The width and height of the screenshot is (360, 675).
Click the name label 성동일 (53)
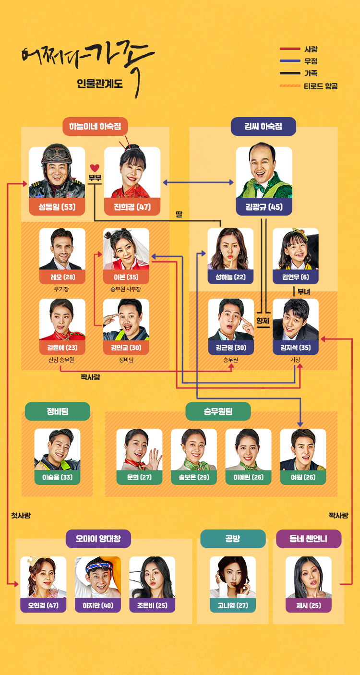coord(57,207)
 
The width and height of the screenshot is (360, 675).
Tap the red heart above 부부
coord(95,168)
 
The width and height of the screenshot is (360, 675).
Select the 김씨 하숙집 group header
coord(263,127)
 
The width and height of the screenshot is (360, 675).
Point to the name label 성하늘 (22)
coord(230,277)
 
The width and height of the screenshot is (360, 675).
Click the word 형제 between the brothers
coord(263,320)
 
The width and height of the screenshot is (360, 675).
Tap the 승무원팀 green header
coord(218,411)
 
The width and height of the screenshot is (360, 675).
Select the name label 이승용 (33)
coord(57,477)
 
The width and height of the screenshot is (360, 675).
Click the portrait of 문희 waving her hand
coord(139,449)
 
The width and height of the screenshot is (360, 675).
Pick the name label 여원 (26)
coord(303,477)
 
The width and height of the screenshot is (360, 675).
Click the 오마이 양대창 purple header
coord(98,539)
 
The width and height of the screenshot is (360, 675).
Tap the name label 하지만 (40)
coord(98,605)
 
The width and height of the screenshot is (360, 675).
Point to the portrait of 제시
coord(308,577)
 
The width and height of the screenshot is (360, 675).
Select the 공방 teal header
coord(233,539)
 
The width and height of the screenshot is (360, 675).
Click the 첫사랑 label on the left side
coord(21,516)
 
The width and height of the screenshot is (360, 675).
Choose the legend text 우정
coord(311,61)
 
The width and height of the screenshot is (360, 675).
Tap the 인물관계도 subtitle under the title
coord(100,84)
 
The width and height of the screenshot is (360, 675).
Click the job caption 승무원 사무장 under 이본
coord(126,289)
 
